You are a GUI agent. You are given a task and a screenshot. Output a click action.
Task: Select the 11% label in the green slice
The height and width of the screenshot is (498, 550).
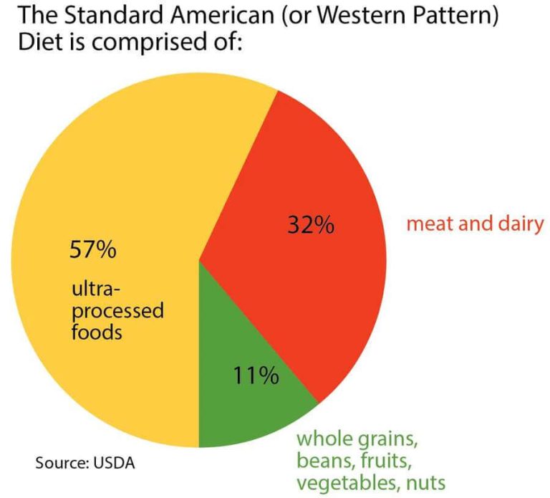point(255,375)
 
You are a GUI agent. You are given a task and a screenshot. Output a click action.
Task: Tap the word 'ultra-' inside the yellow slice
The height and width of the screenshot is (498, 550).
point(96,290)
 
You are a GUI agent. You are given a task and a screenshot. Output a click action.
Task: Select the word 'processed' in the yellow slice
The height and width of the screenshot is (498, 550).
point(117,312)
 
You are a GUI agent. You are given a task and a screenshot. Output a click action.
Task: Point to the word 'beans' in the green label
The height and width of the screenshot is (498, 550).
point(322,459)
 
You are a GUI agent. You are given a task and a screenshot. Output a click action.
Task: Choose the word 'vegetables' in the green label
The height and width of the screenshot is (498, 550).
point(346,482)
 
